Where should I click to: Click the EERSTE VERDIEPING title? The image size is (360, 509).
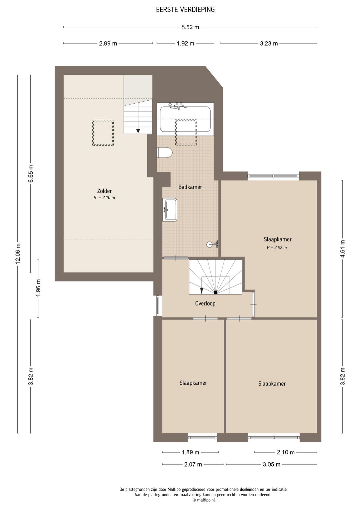point(185,10)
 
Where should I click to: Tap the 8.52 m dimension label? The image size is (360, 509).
point(190,27)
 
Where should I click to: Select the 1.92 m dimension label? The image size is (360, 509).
point(186,43)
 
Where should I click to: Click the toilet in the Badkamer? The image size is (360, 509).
point(164,152)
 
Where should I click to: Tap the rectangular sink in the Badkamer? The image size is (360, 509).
point(170,209)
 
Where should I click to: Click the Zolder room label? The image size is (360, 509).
point(104,191)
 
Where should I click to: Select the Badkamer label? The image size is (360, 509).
point(190,187)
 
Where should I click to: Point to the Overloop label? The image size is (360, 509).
point(205,303)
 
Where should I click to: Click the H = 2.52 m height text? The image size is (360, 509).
point(277,248)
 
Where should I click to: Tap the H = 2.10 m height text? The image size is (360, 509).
point(104,198)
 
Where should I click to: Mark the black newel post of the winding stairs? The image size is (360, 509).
point(216,293)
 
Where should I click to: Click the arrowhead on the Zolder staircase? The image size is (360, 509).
point(138,131)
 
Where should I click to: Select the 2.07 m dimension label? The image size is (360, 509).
point(193,464)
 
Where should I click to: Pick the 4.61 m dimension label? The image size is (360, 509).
point(343,248)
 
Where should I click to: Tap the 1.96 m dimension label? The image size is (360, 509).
point(38,288)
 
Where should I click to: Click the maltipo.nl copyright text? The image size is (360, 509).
point(204,500)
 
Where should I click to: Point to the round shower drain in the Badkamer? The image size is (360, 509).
point(209,244)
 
